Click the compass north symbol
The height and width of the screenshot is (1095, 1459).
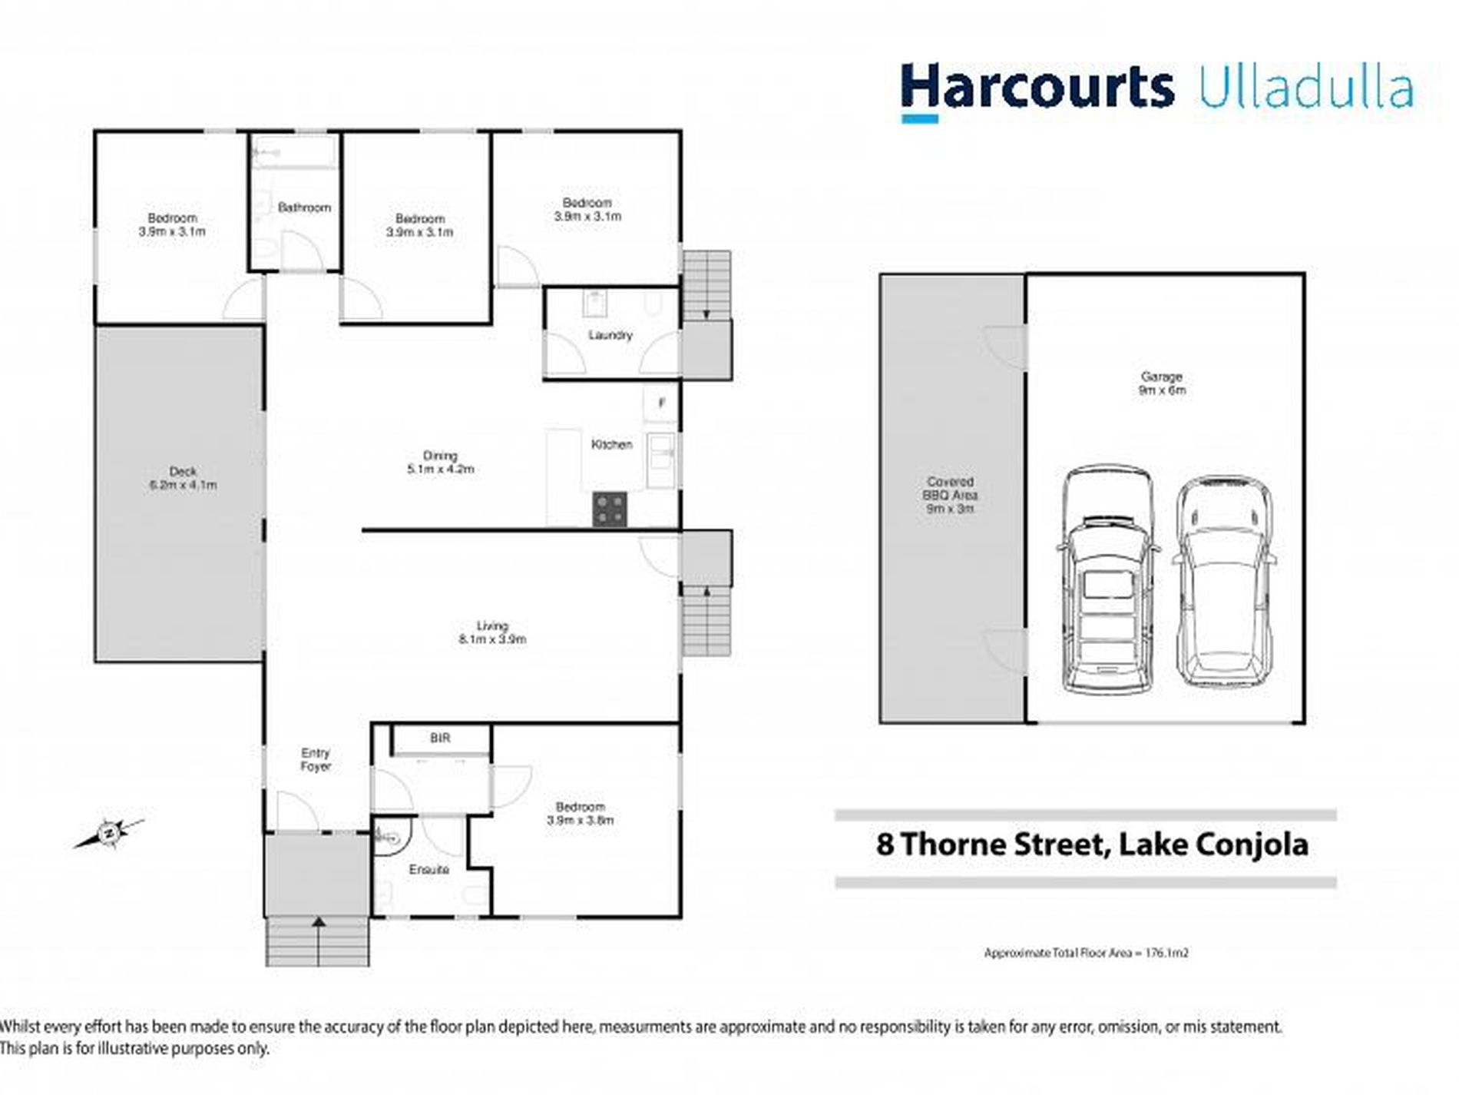pyautogui.click(x=110, y=833)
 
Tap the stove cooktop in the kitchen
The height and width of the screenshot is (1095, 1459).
pyautogui.click(x=609, y=509)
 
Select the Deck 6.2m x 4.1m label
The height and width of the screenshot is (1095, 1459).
pyautogui.click(x=183, y=478)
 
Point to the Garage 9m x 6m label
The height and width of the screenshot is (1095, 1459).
pyautogui.click(x=1161, y=383)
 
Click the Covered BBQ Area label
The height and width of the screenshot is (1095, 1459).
pyautogui.click(x=951, y=495)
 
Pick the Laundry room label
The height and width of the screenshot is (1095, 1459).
pyautogui.click(x=610, y=335)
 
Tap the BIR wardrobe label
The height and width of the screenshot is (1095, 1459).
pyautogui.click(x=440, y=738)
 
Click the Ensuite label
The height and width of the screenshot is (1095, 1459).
pyautogui.click(x=428, y=870)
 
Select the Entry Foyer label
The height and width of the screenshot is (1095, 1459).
pyautogui.click(x=316, y=759)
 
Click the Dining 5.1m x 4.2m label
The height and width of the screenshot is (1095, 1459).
pyautogui.click(x=440, y=462)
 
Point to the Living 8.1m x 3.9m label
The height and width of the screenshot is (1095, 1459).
pyautogui.click(x=492, y=632)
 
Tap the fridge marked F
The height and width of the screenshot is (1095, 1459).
pyautogui.click(x=661, y=403)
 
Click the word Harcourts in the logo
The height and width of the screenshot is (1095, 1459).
pyautogui.click(x=1037, y=88)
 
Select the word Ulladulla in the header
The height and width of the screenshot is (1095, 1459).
pyautogui.click(x=1305, y=89)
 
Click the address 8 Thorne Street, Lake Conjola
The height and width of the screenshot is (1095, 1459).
pyautogui.click(x=1092, y=844)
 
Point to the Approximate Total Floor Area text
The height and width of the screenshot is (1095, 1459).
pyautogui.click(x=1086, y=953)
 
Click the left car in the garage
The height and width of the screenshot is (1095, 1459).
pyautogui.click(x=1107, y=580)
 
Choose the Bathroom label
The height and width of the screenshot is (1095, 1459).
pyautogui.click(x=304, y=207)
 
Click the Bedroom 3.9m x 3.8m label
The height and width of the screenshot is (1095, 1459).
pyautogui.click(x=581, y=813)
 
